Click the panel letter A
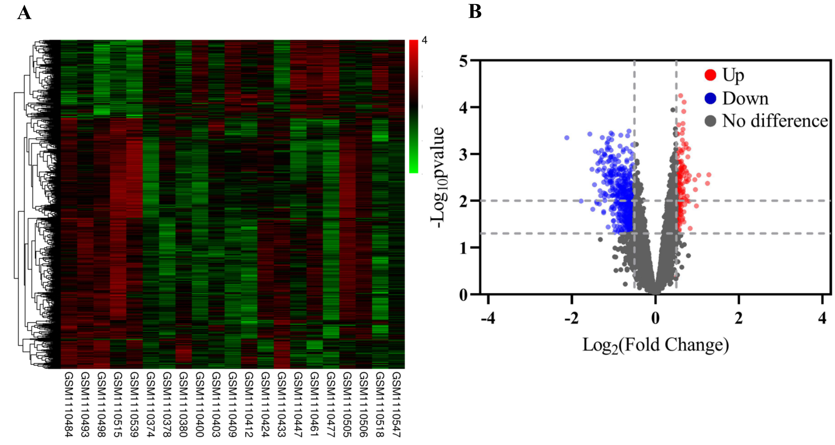[x=24, y=14]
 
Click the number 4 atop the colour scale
[x=424, y=40]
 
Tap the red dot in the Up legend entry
[x=710, y=75]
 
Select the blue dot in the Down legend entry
[x=710, y=98]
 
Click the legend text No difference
[x=775, y=121]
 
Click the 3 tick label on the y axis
[x=463, y=154]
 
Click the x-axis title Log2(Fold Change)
[x=655, y=345]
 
